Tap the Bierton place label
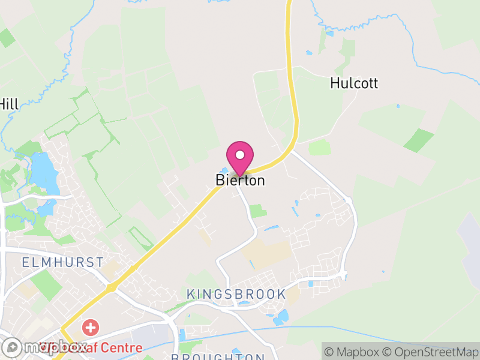pyautogui.click(x=240, y=180)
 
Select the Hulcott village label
pyautogui.click(x=354, y=83)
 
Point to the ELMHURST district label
pyautogui.click(x=62, y=262)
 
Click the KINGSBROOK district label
pyautogui.click(x=236, y=294)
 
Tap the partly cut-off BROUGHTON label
pyautogui.click(x=218, y=357)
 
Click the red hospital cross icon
pyautogui.click(x=91, y=328)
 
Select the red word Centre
pyautogui.click(x=122, y=347)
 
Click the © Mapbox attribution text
pyautogui.click(x=351, y=352)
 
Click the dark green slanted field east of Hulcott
pyautogui.click(x=418, y=140)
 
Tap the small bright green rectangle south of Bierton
pyautogui.click(x=257, y=211)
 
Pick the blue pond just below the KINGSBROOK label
pyautogui.click(x=281, y=317)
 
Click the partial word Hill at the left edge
pyautogui.click(x=9, y=104)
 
